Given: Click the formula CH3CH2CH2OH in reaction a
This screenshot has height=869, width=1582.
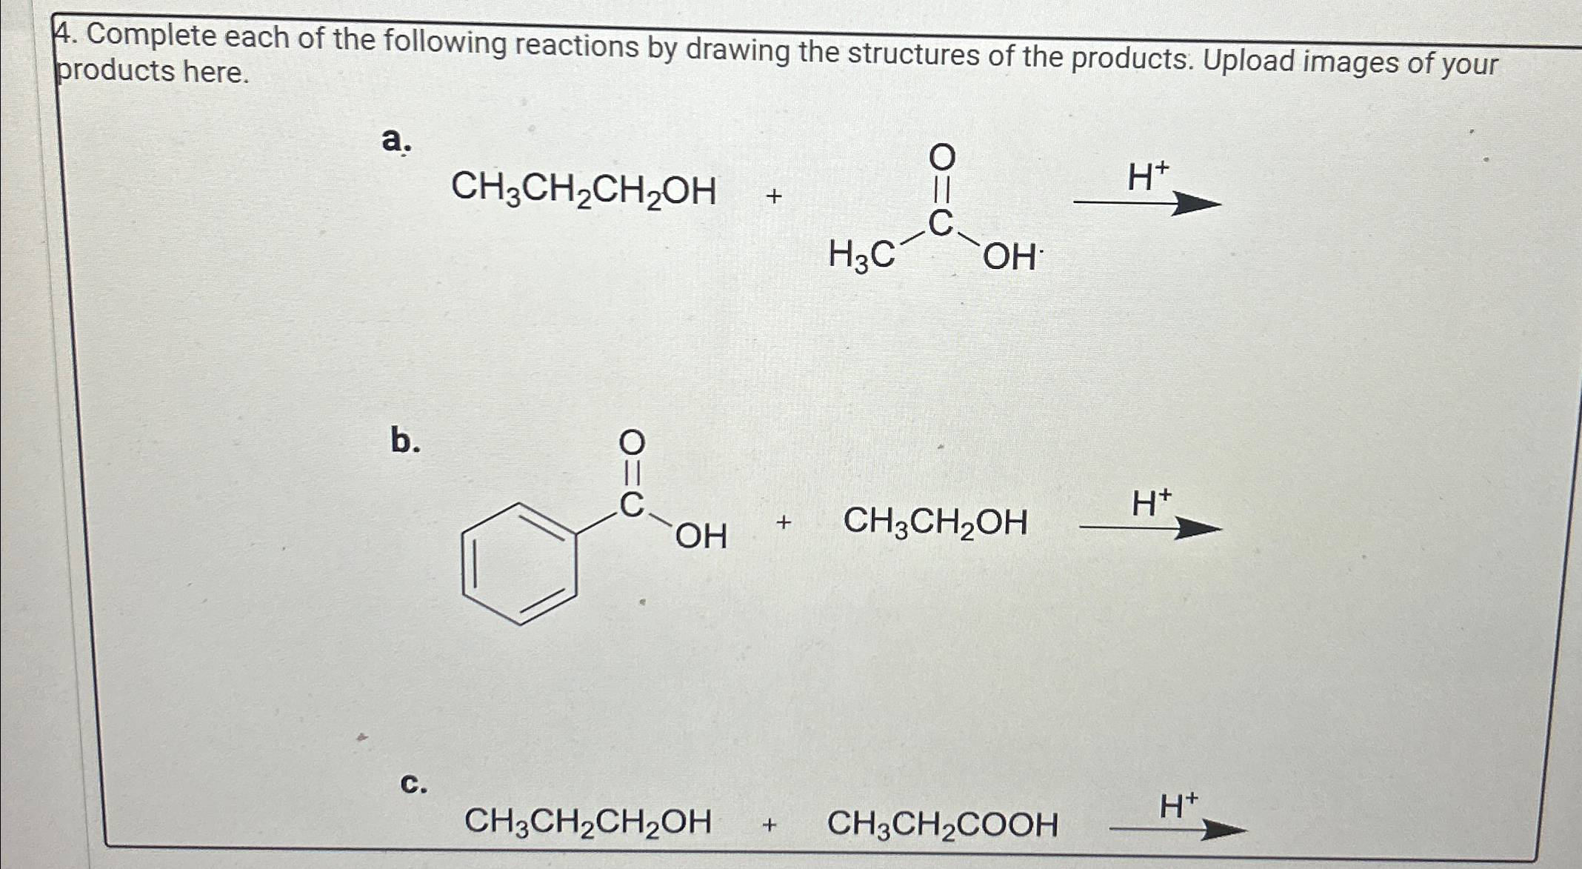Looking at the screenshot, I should coord(584,190).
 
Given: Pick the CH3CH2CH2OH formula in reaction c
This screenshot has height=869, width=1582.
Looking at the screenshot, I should coord(587,822).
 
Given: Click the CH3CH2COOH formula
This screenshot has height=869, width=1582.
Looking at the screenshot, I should coord(942,824).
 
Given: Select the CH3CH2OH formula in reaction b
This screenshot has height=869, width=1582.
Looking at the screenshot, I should coord(935,522).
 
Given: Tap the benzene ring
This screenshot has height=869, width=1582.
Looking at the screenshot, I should coord(519,565).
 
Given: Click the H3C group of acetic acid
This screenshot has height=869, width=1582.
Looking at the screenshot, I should coord(861,256).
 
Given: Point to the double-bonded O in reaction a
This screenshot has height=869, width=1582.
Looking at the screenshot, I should coord(942,157).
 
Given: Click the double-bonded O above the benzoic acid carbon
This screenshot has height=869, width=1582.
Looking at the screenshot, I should coord(632,444).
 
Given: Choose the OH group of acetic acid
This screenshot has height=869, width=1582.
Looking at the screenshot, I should coord(1010,258).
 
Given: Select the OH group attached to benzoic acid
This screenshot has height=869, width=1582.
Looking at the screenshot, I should coord(701,536).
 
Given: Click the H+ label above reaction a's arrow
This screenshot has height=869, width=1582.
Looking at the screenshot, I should coord(1148,178).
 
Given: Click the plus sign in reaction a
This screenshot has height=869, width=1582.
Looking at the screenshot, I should coord(774,196).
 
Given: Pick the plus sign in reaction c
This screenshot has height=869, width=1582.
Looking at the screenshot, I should coord(770,824).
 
